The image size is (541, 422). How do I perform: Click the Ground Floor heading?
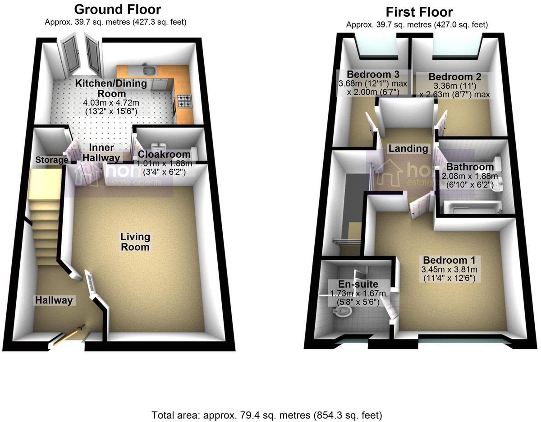(x=117, y=9)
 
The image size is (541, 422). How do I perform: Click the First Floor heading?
(x=419, y=12)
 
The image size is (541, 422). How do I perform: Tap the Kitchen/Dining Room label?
(x=111, y=88)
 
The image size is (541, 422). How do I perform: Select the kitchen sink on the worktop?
(x=149, y=70)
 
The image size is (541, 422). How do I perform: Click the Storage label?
(x=51, y=160)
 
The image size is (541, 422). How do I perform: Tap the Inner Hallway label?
(x=101, y=153)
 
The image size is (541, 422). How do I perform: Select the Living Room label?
(x=135, y=242)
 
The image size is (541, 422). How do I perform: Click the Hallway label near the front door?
(x=54, y=300)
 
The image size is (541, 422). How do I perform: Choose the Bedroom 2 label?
(x=454, y=77)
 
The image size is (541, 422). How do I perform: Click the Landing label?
(x=408, y=148)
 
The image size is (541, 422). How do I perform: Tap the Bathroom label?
(x=470, y=167)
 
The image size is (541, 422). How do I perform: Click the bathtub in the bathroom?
(x=473, y=207)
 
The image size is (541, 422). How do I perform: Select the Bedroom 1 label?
(x=452, y=261)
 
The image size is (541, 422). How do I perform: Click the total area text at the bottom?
(x=268, y=414)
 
